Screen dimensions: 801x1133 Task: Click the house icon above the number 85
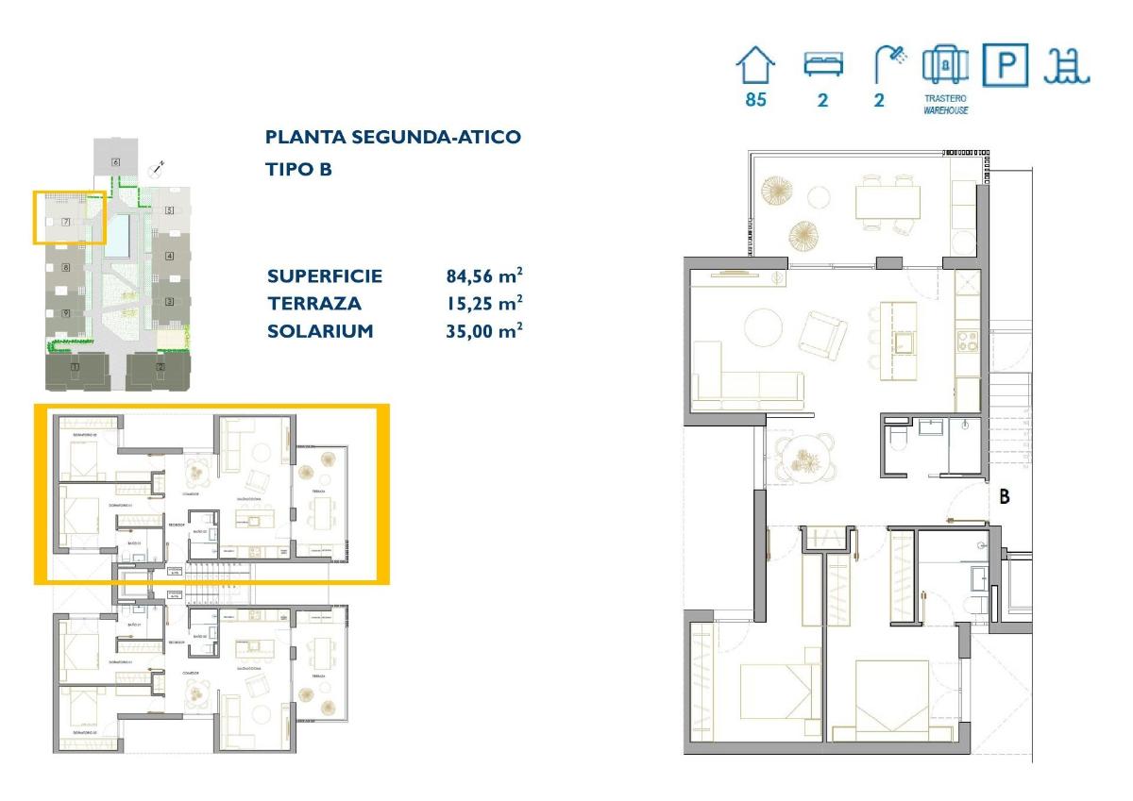point(755,66)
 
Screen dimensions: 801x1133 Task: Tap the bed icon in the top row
point(822,64)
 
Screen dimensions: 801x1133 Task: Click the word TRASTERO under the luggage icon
point(945,98)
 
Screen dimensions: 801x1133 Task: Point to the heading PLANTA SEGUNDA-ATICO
point(393,137)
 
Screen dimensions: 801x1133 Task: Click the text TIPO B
point(299,170)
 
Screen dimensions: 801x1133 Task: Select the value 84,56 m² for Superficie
point(484,276)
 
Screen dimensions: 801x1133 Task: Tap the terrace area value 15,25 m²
point(484,304)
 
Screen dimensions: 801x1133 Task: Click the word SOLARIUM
point(320,331)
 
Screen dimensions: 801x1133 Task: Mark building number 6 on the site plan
point(115,162)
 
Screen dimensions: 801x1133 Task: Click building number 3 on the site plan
point(169,302)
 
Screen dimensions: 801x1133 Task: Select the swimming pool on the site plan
point(118,235)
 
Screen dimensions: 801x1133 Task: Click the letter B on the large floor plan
point(1005,496)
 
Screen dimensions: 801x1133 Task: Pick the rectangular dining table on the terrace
point(888,201)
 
